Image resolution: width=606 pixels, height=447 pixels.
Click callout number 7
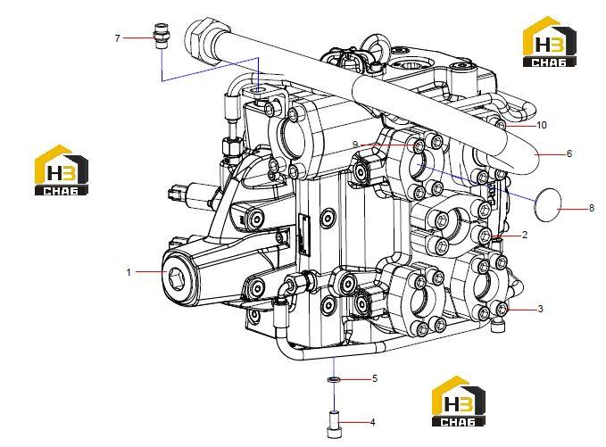[x=118, y=38]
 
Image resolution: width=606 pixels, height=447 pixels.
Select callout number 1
[x=129, y=272]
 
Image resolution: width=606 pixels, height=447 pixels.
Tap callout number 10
[x=542, y=125]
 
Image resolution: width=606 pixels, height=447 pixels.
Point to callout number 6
[x=569, y=153]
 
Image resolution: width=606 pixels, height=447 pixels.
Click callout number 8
[x=592, y=208]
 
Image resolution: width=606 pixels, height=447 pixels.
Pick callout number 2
[x=525, y=235]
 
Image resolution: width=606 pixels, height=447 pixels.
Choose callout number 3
[x=540, y=309]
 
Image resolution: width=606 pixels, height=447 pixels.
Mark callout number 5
[x=375, y=378]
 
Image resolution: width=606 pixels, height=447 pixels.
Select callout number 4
[x=372, y=422]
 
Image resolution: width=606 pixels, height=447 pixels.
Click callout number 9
[x=355, y=145]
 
